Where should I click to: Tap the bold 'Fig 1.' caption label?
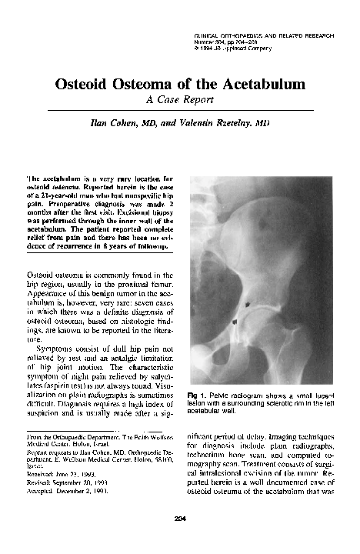click(198, 395)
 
